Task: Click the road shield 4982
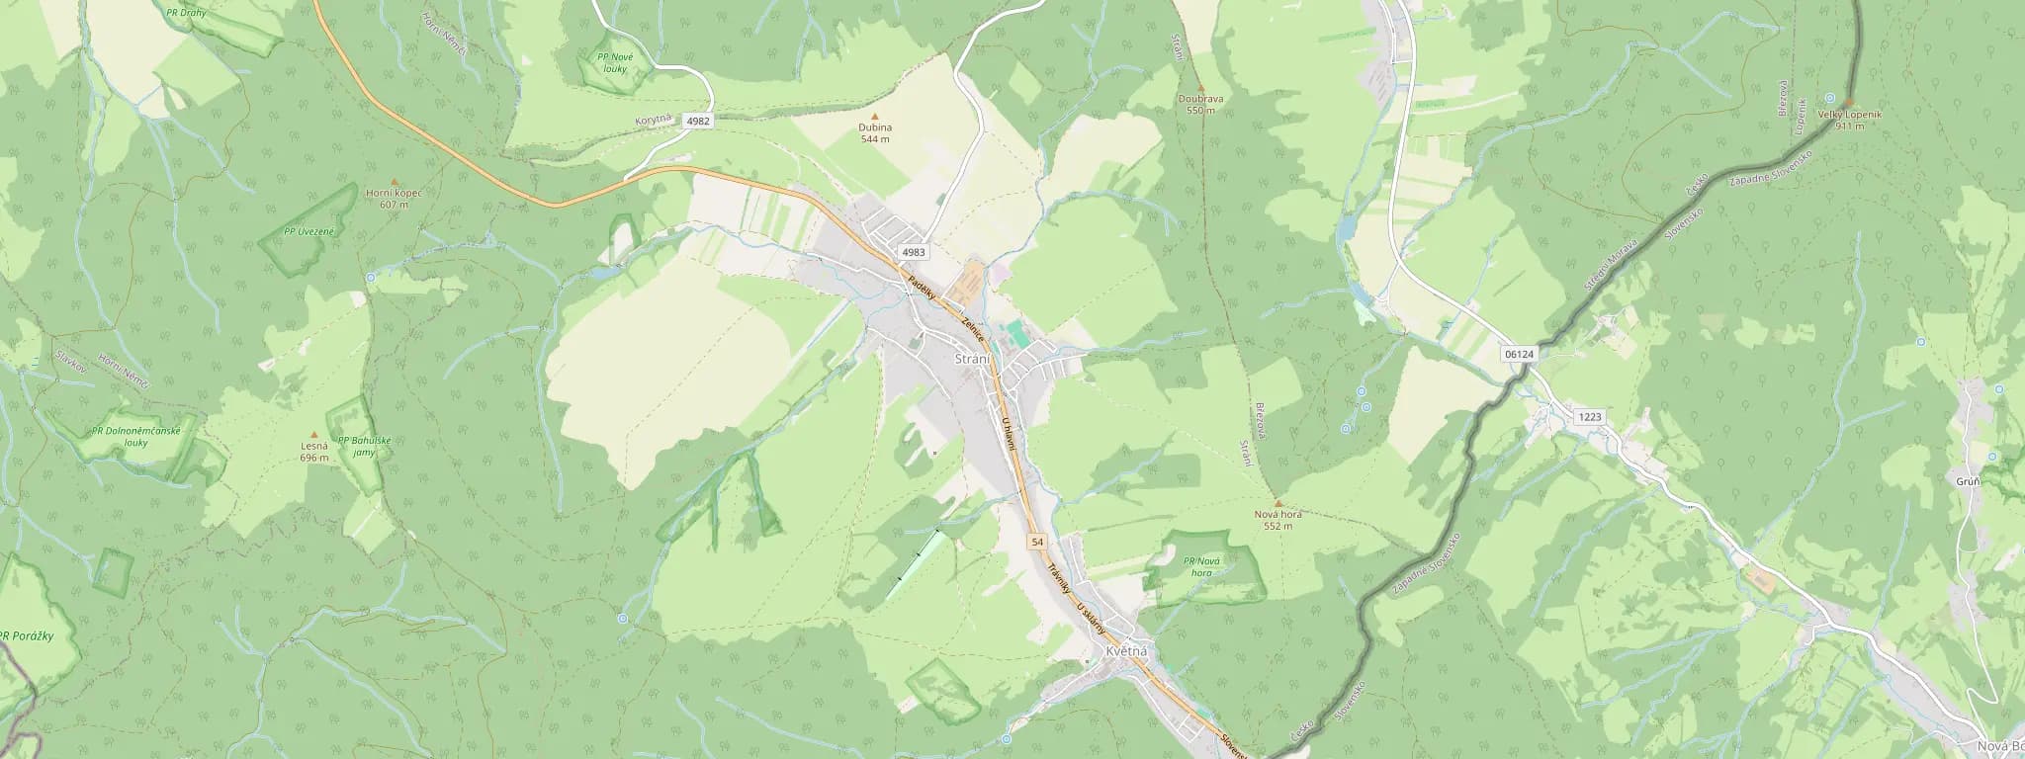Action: tap(697, 121)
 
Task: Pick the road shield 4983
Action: tap(914, 252)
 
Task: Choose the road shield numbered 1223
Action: tap(1590, 417)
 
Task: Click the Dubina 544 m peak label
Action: tap(874, 132)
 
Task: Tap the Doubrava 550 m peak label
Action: tap(1200, 104)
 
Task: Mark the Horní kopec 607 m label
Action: tap(394, 198)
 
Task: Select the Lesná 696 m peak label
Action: tap(314, 452)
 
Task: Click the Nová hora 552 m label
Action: tap(1277, 520)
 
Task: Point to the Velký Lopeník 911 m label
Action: tap(1844, 120)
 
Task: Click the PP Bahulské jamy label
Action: tap(357, 447)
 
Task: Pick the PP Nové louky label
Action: tap(615, 62)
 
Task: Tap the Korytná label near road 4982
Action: tap(653, 121)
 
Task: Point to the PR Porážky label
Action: tap(27, 635)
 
